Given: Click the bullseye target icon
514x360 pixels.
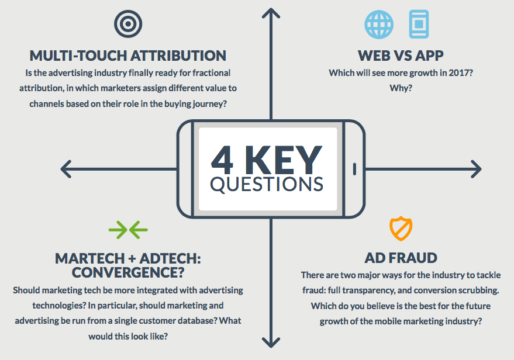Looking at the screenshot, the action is coord(128,24).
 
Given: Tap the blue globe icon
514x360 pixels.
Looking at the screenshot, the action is coord(379,25).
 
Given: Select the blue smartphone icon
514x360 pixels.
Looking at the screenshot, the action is coord(419,24).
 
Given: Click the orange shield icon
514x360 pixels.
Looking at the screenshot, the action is coord(401,229).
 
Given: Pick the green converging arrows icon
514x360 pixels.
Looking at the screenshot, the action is coord(128,230).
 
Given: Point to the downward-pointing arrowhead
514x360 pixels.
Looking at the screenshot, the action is coord(271,342).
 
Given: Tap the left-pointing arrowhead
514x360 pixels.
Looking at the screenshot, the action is coord(66,169).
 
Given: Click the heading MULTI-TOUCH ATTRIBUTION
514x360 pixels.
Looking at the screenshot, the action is coord(128,56).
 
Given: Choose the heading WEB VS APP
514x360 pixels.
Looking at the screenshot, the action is coord(401,56).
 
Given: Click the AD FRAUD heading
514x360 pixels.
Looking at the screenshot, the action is coord(401,258).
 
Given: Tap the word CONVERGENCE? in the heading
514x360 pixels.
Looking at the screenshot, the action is coord(128,272).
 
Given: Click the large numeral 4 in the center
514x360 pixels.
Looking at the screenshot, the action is coord(222,160).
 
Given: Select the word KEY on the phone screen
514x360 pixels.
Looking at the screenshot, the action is coord(284,160).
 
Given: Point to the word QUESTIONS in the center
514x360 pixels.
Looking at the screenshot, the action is coord(267,184).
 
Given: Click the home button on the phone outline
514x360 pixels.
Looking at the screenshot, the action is coord(354,169).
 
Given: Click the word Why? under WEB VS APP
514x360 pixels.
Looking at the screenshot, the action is coord(401,88).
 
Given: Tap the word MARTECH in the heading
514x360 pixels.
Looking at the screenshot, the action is coord(90,258).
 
